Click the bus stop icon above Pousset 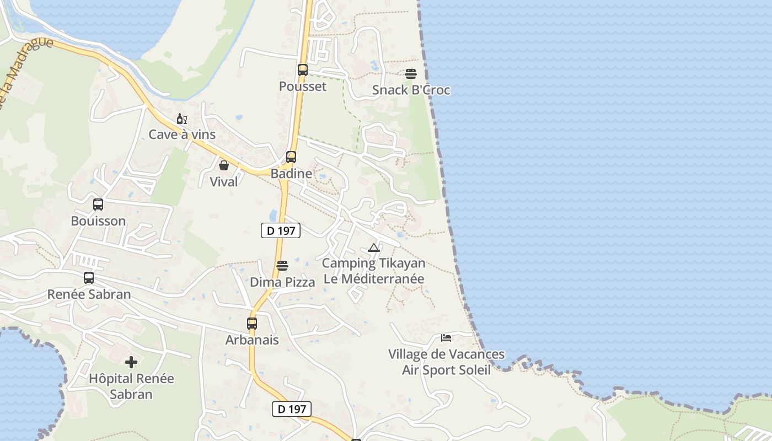[x=302, y=70]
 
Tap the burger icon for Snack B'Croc [x=411, y=74]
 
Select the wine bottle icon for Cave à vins [x=181, y=119]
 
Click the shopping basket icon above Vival [x=224, y=165]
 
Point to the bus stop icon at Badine [x=291, y=157]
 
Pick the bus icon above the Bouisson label [x=98, y=205]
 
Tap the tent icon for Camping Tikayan [x=374, y=248]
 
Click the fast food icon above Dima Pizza [x=282, y=266]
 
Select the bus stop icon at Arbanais [x=252, y=324]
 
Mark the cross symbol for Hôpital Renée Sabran [x=131, y=362]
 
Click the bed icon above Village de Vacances [x=446, y=337]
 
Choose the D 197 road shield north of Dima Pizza [x=281, y=231]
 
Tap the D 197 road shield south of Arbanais [x=292, y=409]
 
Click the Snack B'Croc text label [x=411, y=90]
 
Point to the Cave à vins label [x=182, y=135]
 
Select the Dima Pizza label [x=282, y=282]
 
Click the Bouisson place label [x=98, y=221]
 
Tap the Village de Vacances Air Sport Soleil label [x=446, y=362]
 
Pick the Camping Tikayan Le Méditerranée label [x=374, y=271]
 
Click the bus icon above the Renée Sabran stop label [x=89, y=278]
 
